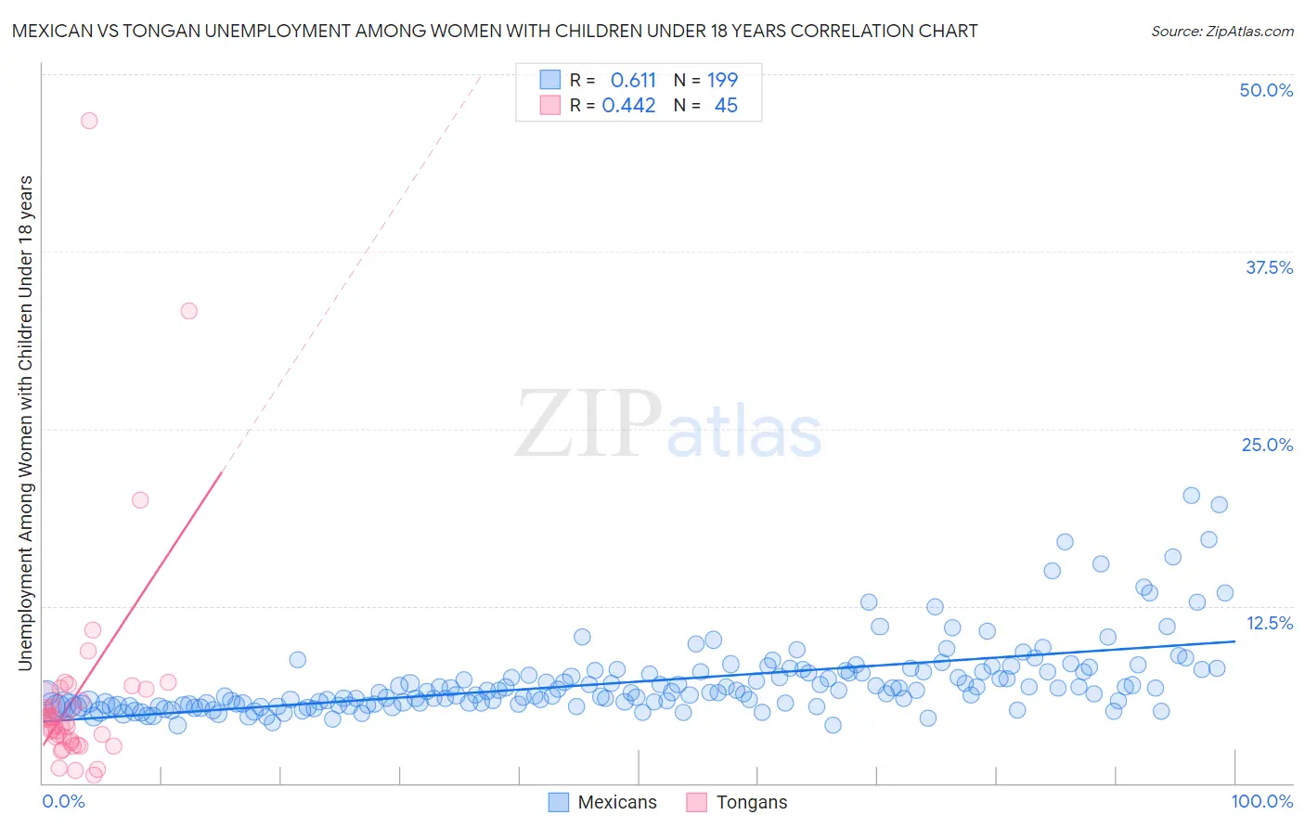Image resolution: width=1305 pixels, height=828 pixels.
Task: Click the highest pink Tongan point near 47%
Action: (89, 121)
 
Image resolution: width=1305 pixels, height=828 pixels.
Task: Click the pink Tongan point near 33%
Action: (189, 311)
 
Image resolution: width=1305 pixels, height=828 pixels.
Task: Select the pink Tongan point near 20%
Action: (140, 499)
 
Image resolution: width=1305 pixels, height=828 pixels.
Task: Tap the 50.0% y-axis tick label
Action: (1266, 90)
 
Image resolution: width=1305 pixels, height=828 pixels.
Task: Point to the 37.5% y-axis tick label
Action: (1269, 267)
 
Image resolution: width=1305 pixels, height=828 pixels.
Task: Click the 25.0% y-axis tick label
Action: (1267, 445)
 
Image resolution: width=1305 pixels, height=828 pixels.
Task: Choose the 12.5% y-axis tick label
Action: (1269, 623)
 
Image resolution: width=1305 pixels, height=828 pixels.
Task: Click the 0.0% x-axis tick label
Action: (63, 801)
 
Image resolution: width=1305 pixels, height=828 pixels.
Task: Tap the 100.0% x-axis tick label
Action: (1261, 801)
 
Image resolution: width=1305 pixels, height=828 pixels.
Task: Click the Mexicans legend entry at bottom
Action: (602, 802)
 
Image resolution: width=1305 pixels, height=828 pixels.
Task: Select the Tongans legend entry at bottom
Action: (737, 802)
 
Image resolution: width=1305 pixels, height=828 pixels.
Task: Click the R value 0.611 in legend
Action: (633, 81)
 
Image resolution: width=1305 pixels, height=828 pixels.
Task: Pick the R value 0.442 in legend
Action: (628, 106)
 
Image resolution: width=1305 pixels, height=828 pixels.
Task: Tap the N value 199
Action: (722, 81)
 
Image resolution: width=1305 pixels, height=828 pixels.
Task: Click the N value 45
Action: (726, 106)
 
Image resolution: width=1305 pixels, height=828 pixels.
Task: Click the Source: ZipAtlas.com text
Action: (1221, 31)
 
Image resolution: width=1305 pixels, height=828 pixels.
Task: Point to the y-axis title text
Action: (25, 422)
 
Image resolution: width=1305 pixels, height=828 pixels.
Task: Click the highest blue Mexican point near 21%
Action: (1192, 496)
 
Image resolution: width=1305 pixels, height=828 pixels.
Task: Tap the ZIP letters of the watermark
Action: (588, 425)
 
